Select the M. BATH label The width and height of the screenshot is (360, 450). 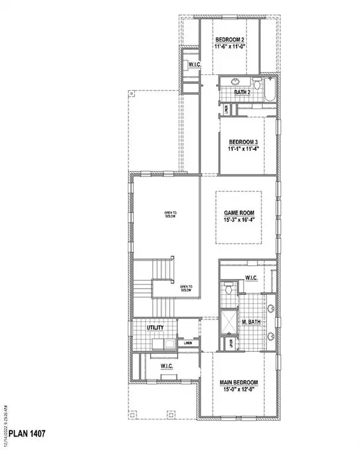(250, 323)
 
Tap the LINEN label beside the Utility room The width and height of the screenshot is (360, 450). (188, 342)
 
